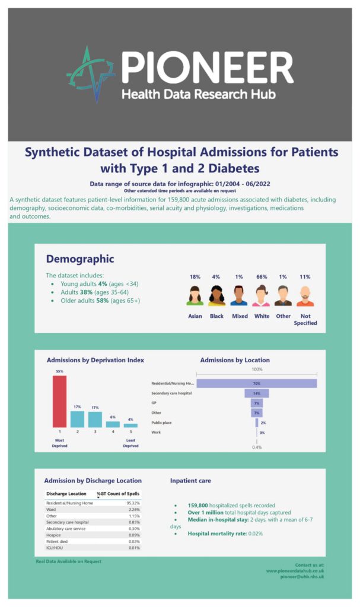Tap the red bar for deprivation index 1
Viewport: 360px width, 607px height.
click(x=59, y=401)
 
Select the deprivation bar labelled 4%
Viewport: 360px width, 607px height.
click(x=130, y=425)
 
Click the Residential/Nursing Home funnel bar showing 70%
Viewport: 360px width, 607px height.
click(x=256, y=384)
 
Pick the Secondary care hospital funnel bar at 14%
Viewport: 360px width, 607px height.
click(x=256, y=394)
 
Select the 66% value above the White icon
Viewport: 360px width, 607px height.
click(x=262, y=277)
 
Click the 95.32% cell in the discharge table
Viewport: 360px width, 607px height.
click(x=133, y=503)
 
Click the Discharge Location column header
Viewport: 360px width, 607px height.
click(x=66, y=493)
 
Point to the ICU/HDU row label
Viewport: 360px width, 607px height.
click(x=56, y=548)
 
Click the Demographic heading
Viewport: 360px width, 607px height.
click(x=80, y=259)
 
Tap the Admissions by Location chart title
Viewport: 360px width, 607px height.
click(x=235, y=360)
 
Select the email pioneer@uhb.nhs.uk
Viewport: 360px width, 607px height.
click(x=302, y=576)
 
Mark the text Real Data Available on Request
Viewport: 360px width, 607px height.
click(x=69, y=561)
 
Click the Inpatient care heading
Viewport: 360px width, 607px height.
click(x=190, y=481)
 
